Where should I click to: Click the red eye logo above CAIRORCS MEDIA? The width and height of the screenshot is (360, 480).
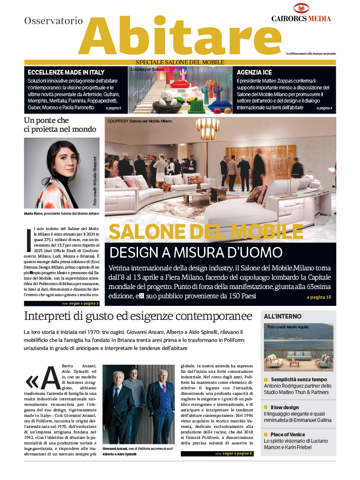tap(302, 8)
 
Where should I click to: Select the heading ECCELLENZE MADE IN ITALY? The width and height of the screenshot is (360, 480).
tap(66, 72)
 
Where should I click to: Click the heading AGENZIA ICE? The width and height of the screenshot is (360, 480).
tap(254, 72)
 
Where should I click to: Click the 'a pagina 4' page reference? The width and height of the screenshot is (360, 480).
tap(324, 108)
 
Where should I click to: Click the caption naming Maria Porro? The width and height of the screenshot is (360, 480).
tap(61, 214)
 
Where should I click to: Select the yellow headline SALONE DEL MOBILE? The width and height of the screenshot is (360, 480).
tap(206, 231)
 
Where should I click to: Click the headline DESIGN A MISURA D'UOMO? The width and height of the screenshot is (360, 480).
tap(196, 252)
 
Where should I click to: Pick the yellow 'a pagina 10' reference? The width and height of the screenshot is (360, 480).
tap(319, 297)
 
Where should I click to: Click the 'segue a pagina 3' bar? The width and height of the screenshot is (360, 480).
tap(62, 303)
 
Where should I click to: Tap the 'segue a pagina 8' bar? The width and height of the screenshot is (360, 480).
tap(217, 453)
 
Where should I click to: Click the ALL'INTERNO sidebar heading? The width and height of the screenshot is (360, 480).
tap(283, 316)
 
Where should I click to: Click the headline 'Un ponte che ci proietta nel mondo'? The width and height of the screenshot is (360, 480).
tap(60, 125)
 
